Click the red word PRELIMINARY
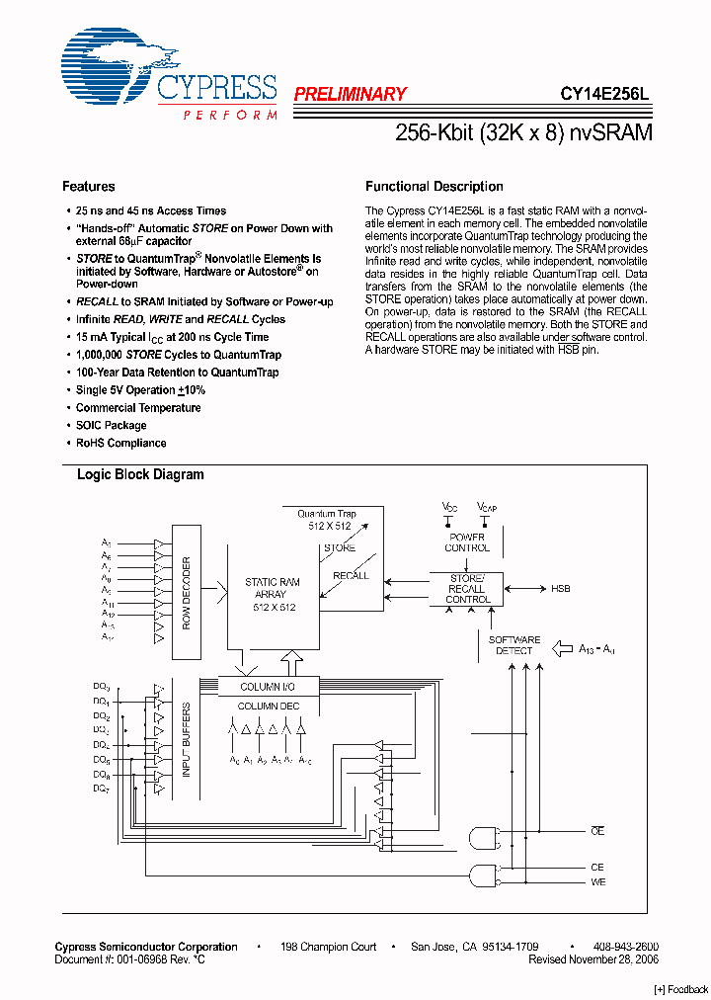click(350, 95)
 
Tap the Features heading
click(88, 187)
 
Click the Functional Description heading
click(434, 187)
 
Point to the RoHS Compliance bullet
click(121, 444)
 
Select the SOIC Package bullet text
click(112, 426)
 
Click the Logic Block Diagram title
click(140, 475)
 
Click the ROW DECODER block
click(187, 593)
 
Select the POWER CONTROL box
click(467, 542)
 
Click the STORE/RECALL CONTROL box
click(467, 590)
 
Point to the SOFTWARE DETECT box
click(513, 645)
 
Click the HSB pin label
click(561, 589)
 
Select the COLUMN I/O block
click(267, 687)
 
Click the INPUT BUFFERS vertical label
click(187, 739)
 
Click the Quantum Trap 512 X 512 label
click(327, 520)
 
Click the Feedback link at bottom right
click(681, 990)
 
